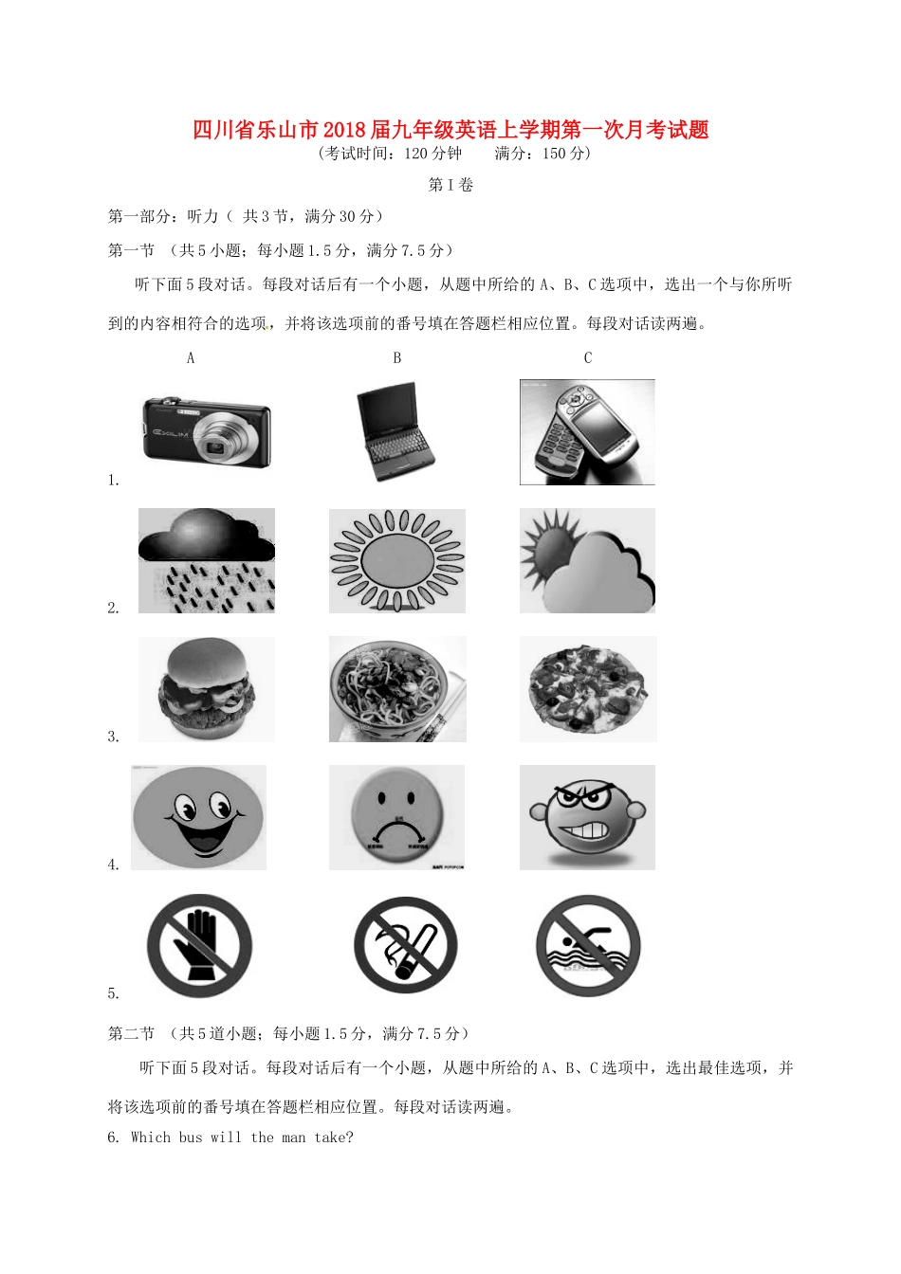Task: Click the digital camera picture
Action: pos(207,431)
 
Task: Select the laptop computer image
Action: pos(395,432)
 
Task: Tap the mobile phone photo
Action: pos(587,431)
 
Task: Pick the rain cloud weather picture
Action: pos(207,560)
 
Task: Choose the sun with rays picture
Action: pos(397,560)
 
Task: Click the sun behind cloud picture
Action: pos(587,560)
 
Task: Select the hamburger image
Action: pos(207,689)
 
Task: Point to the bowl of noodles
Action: pos(397,689)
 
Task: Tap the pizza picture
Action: pos(587,689)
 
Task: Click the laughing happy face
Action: pos(198,817)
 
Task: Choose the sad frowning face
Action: pos(396,817)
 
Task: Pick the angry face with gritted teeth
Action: pos(587,817)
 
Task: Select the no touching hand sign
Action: pos(200,946)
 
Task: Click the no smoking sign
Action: pos(406,946)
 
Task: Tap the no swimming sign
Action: pos(588,946)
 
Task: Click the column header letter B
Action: pos(397,358)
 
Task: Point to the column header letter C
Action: pos(588,358)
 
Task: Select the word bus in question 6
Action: pos(191,1137)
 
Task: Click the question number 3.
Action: pos(113,737)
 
